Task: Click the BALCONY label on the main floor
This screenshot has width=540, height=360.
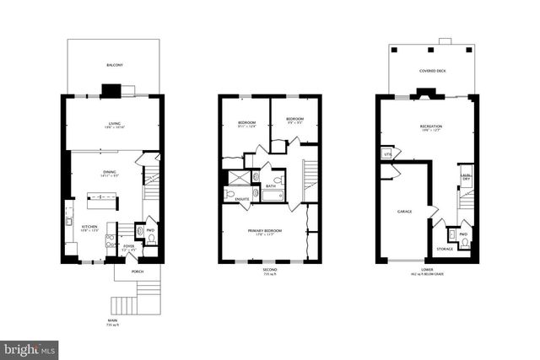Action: tap(115, 65)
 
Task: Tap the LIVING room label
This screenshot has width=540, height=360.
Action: tap(115, 123)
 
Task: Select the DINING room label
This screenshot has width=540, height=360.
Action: tap(111, 172)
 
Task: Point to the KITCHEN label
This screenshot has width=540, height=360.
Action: tap(90, 226)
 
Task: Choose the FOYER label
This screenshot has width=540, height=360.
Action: tap(129, 246)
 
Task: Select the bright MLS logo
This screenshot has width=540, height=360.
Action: tap(30, 347)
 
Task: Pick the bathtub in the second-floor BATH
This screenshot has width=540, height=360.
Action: tap(273, 196)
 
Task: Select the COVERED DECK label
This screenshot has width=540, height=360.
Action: tap(433, 72)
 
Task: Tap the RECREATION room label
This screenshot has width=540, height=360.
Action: tap(431, 127)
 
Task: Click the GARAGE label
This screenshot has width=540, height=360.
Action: tap(404, 211)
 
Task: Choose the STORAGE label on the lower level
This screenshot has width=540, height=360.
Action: tap(445, 249)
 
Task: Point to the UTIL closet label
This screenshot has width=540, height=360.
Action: tap(387, 154)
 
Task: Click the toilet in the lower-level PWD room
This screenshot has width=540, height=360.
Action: tap(464, 243)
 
